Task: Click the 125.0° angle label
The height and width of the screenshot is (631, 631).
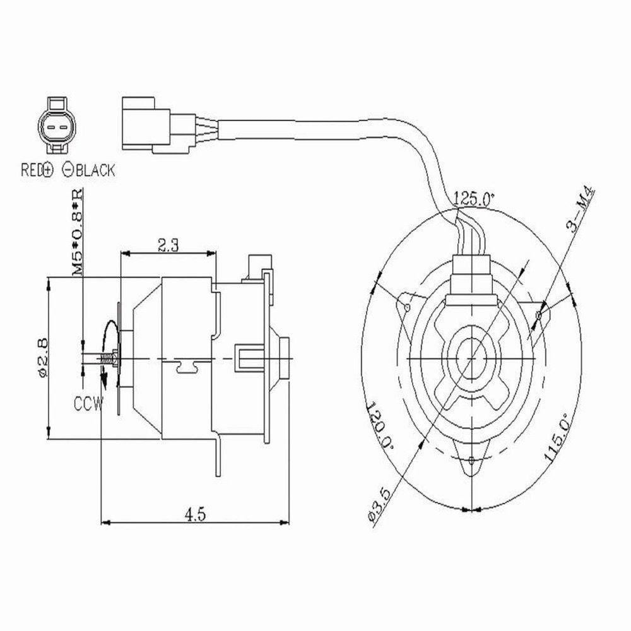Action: (474, 198)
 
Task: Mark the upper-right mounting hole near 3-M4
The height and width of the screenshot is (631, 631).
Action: (538, 314)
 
